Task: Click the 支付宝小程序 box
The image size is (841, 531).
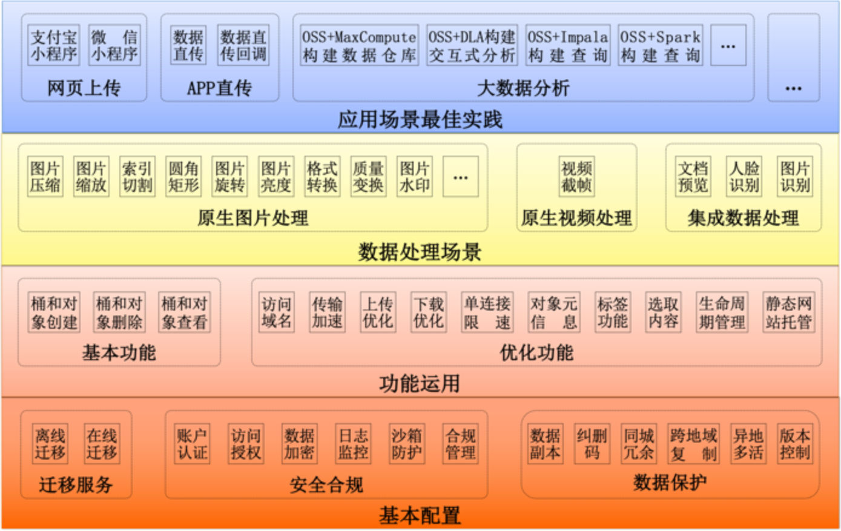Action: click(54, 45)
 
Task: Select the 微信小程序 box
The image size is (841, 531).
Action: click(114, 45)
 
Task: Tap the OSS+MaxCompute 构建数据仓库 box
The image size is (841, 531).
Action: click(359, 45)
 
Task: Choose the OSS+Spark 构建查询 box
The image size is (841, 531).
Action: click(660, 45)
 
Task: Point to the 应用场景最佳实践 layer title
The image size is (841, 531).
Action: click(420, 119)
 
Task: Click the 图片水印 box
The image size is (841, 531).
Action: click(415, 176)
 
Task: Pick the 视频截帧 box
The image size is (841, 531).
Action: click(576, 176)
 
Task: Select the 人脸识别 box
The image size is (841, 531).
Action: click(744, 176)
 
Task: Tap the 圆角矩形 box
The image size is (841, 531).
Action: click(183, 176)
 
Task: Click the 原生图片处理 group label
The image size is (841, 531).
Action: click(252, 218)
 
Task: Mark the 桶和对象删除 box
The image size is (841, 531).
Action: click(119, 312)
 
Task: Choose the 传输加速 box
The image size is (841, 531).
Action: click(327, 312)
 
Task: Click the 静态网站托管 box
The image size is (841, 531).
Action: click(788, 312)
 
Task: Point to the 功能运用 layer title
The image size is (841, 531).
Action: click(420, 383)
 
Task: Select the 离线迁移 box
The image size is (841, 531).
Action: click(50, 444)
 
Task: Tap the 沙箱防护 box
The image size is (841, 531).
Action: click(407, 444)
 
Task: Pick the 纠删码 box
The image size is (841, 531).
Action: click(592, 444)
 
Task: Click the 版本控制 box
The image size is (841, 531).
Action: click(794, 444)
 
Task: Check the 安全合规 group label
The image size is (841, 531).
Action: click(326, 484)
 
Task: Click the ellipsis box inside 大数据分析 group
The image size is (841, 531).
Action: click(728, 45)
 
